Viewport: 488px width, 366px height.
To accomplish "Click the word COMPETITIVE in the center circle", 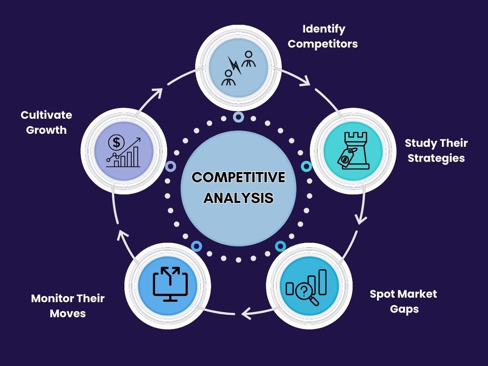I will [238, 178].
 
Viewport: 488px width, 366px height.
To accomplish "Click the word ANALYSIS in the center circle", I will [238, 198].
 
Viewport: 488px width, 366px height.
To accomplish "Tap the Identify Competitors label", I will [323, 36].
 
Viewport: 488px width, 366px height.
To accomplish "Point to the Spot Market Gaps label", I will [403, 301].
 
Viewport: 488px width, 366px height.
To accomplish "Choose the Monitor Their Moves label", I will [68, 305].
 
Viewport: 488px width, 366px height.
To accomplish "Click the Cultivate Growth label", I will [46, 122].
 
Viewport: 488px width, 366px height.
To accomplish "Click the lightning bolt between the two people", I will [235, 66].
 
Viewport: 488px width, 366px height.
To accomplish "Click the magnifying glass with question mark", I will [304, 292].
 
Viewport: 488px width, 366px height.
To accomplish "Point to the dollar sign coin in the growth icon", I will [117, 143].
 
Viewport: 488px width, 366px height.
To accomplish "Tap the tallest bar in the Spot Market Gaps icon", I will [322, 282].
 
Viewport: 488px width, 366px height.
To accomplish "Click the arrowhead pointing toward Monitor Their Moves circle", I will [245, 313].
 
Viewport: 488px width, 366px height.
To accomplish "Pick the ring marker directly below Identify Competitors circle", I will [238, 117].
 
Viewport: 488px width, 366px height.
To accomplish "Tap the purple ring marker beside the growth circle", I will [171, 166].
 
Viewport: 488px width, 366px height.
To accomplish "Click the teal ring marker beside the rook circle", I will [306, 166].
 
